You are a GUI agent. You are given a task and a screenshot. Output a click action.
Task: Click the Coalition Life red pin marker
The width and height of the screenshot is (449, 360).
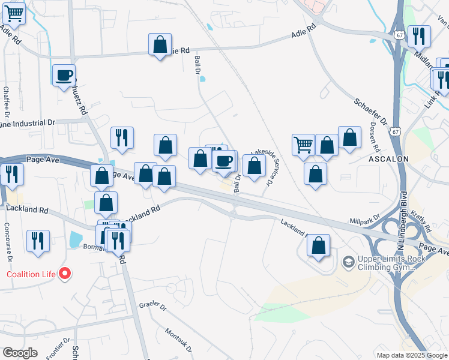pos(65,274)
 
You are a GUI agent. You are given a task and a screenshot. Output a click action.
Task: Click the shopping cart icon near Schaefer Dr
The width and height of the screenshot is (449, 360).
pos(304,145)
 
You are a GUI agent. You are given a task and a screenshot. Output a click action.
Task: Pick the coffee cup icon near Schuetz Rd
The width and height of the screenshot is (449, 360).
pos(64,76)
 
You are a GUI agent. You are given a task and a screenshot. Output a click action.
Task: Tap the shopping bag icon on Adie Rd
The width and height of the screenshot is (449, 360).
pos(160,44)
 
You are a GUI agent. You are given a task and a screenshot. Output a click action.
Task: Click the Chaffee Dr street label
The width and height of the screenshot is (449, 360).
pos(7,102)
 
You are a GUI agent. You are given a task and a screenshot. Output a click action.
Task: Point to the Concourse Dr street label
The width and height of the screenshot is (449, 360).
pos(8,241)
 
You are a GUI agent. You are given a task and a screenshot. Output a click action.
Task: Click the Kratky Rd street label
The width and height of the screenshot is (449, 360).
pos(426,221)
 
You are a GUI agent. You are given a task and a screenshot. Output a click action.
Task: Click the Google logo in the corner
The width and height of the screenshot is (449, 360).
pos(20,353)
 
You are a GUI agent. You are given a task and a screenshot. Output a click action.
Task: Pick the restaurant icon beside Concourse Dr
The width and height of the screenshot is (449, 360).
pos(38,241)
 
